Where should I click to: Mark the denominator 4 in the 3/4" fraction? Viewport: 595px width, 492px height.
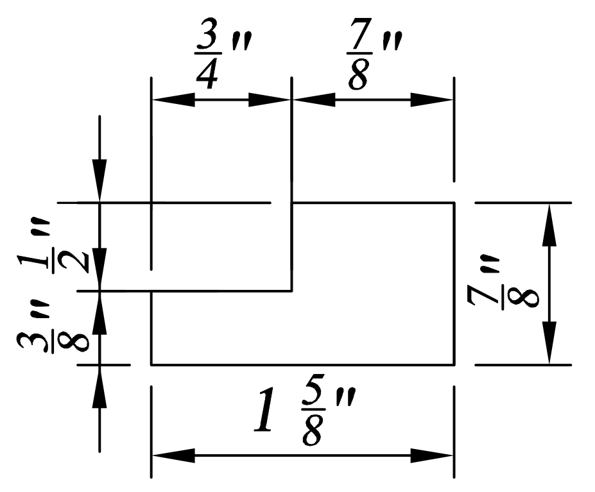coord(207,76)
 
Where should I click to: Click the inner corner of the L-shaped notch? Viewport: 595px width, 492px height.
coord(292,291)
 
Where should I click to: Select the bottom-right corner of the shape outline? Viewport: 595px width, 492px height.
coord(454,364)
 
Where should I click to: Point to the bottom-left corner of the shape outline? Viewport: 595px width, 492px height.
coord(151,364)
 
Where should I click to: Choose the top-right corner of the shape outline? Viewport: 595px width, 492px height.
coord(454,203)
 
